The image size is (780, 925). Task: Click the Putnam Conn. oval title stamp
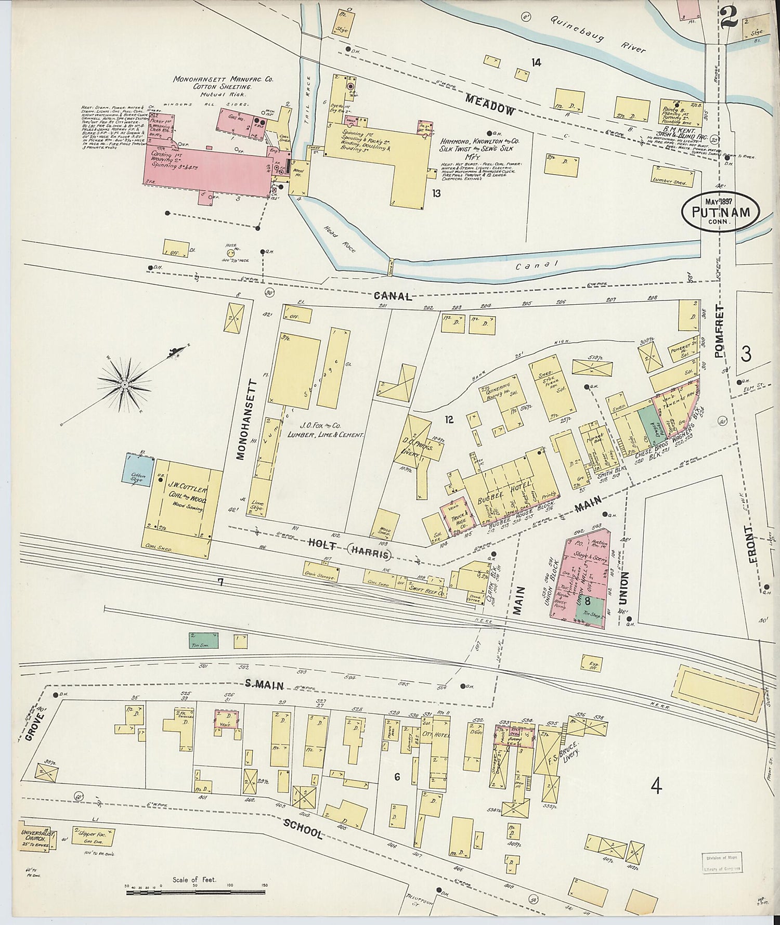click(720, 212)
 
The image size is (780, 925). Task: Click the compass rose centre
click(125, 384)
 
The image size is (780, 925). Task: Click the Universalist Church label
click(37, 837)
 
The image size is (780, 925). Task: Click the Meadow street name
click(490, 104)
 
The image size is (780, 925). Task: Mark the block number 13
click(436, 193)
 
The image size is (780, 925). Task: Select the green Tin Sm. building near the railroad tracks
click(203, 640)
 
